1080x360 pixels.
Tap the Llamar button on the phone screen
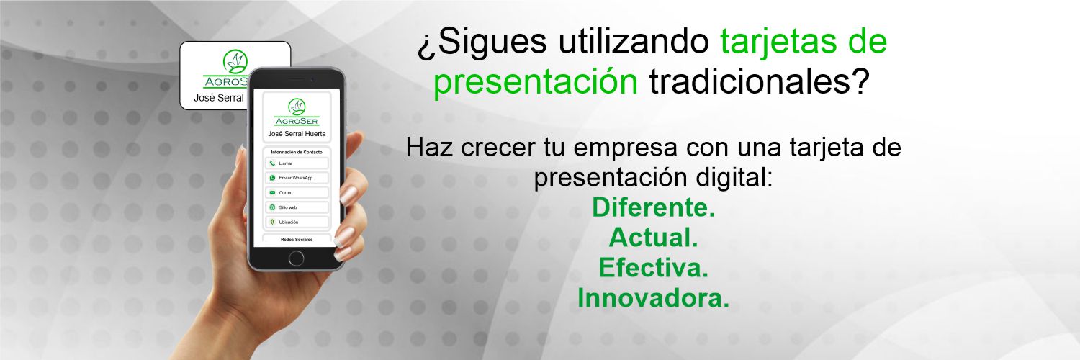pyautogui.click(x=297, y=163)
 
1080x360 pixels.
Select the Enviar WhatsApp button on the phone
pyautogui.click(x=297, y=178)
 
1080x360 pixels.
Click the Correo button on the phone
pyautogui.click(x=297, y=193)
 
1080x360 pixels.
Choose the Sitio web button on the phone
pyautogui.click(x=297, y=207)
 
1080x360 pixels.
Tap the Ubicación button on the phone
pyautogui.click(x=297, y=222)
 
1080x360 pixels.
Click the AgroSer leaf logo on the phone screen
pyautogui.click(x=297, y=107)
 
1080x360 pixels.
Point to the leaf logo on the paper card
pyautogui.click(x=235, y=62)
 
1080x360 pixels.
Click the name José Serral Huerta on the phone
pyautogui.click(x=297, y=134)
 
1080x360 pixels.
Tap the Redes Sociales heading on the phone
pyautogui.click(x=297, y=240)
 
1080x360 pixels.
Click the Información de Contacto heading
pyautogui.click(x=297, y=153)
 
